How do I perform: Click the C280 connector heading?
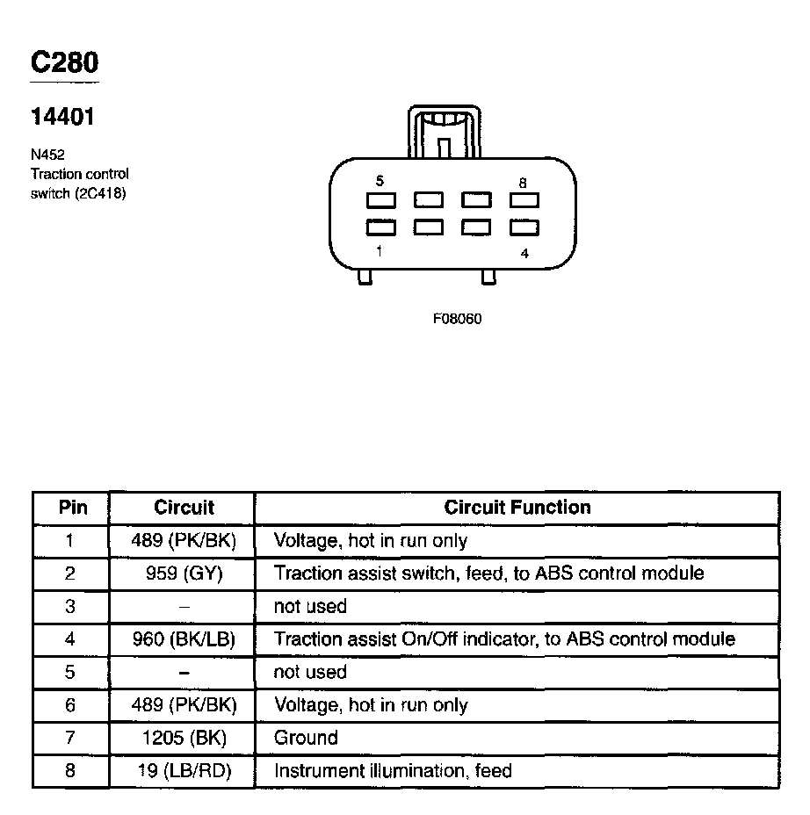[x=64, y=62]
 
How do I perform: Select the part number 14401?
[x=62, y=116]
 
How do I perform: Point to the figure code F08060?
[x=457, y=318]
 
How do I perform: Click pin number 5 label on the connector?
[x=380, y=182]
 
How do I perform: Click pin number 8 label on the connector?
[x=523, y=183]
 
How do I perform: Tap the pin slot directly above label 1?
[x=380, y=227]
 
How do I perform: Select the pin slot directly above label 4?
[x=524, y=227]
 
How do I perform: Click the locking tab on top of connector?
[x=445, y=132]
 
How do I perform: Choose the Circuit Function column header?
[x=517, y=507]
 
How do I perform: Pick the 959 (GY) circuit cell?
[x=184, y=573]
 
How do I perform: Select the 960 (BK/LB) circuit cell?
[x=184, y=639]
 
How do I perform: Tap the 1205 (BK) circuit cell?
[x=184, y=738]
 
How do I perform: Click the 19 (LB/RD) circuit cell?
[x=184, y=771]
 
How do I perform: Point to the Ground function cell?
[x=306, y=738]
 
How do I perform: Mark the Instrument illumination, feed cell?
[x=393, y=771]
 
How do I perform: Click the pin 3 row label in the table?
[x=70, y=607]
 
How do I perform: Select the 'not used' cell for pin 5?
[x=310, y=673]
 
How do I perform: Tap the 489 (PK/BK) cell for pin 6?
[x=184, y=705]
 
